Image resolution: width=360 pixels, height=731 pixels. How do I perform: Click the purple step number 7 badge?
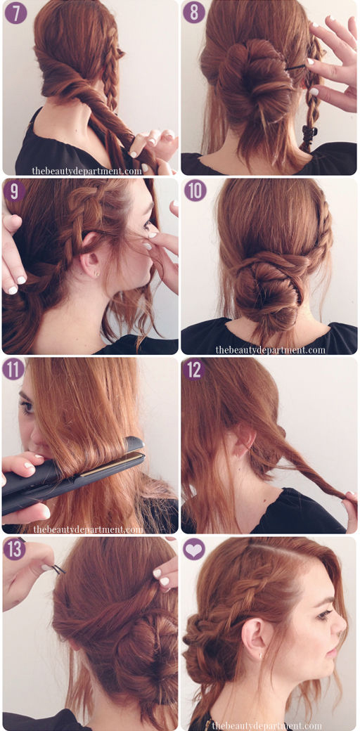click(16, 13)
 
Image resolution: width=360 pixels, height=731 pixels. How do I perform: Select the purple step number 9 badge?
click(15, 191)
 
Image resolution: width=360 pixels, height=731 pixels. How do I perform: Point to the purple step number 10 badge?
click(195, 190)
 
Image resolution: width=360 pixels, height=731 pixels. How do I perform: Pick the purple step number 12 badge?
click(193, 369)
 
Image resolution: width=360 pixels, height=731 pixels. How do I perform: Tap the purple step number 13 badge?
click(15, 549)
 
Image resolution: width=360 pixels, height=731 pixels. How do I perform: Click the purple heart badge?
click(194, 549)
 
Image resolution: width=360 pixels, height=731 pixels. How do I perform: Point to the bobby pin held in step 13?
click(58, 569)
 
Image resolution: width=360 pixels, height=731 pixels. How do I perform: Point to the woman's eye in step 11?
click(27, 405)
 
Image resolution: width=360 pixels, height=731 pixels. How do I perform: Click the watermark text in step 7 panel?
click(86, 171)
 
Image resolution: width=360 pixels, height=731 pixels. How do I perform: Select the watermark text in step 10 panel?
click(271, 349)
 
